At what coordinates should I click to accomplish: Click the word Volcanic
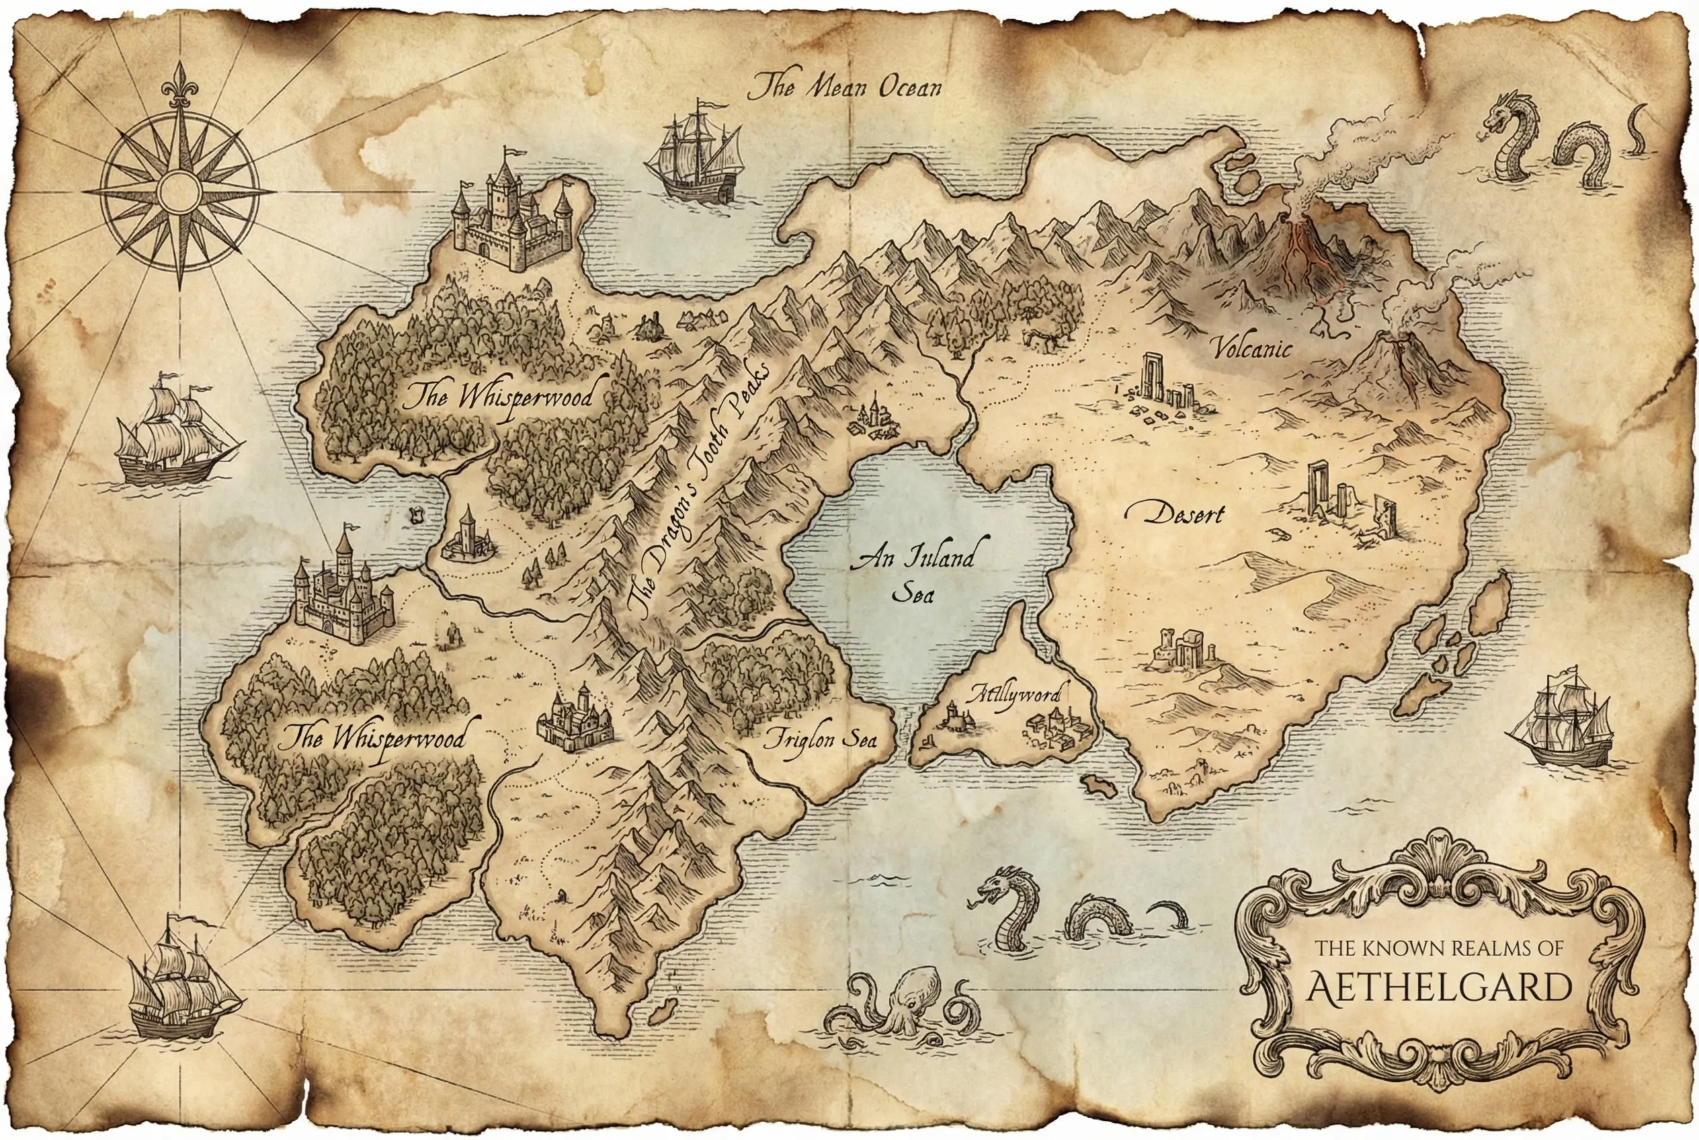click(1253, 349)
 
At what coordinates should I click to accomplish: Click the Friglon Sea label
click(819, 740)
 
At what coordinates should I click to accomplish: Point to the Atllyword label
click(1013, 694)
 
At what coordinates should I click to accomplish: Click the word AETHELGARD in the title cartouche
click(1439, 988)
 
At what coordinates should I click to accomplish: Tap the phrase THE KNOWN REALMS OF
click(1439, 948)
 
